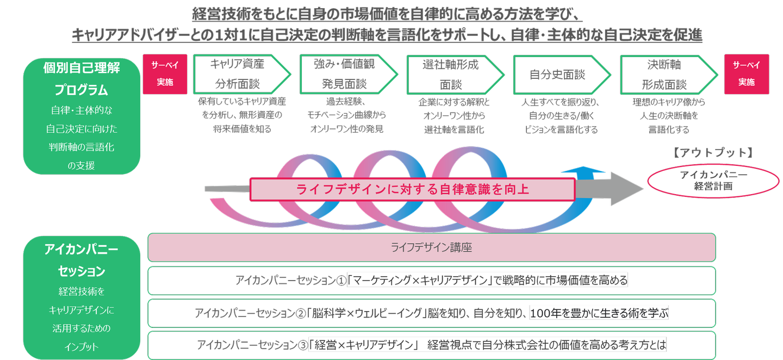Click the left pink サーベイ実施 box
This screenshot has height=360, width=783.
[x=165, y=73]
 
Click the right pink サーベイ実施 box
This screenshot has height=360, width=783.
[x=747, y=73]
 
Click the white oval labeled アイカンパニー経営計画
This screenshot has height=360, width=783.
[x=713, y=181]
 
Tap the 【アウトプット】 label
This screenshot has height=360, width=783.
[x=713, y=153]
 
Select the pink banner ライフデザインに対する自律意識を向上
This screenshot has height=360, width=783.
[x=412, y=189]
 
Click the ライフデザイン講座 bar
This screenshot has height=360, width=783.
[x=431, y=247]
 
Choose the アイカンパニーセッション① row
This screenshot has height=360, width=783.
[x=431, y=281]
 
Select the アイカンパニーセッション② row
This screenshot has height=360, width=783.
[x=431, y=313]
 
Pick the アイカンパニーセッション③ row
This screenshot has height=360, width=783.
[x=431, y=345]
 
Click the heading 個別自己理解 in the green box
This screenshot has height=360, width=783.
[x=82, y=68]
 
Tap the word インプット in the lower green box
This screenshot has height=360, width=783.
[x=82, y=346]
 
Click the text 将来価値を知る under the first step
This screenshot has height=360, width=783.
[x=241, y=129]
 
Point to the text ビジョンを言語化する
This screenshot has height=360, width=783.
[x=561, y=129]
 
